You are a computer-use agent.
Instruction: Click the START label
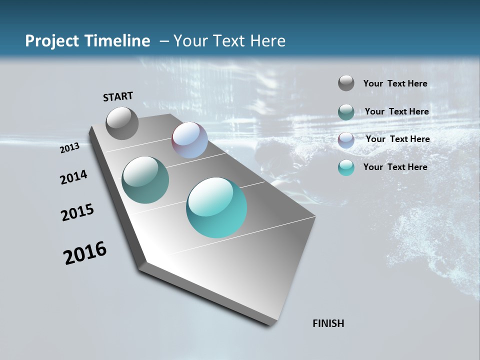(x=118, y=96)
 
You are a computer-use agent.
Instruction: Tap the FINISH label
(x=328, y=323)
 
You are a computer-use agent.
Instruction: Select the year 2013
(x=69, y=148)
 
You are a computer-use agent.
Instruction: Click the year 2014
(x=73, y=177)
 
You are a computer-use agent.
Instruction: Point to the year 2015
(x=77, y=212)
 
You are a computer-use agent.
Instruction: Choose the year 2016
(x=85, y=253)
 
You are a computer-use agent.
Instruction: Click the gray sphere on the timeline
(x=122, y=123)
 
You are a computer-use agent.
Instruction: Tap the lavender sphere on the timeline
(x=189, y=140)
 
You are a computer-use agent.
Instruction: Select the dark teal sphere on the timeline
(x=145, y=180)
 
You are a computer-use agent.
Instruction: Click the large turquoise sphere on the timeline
(x=216, y=207)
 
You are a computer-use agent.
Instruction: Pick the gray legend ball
(x=346, y=83)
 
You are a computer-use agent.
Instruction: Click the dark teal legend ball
(x=346, y=112)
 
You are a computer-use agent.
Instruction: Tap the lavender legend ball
(x=346, y=140)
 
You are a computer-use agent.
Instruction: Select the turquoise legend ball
(x=346, y=167)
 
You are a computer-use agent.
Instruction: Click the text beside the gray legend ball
(x=395, y=84)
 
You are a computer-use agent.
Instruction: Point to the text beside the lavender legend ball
(x=397, y=139)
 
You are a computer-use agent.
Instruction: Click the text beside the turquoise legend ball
(x=395, y=167)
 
